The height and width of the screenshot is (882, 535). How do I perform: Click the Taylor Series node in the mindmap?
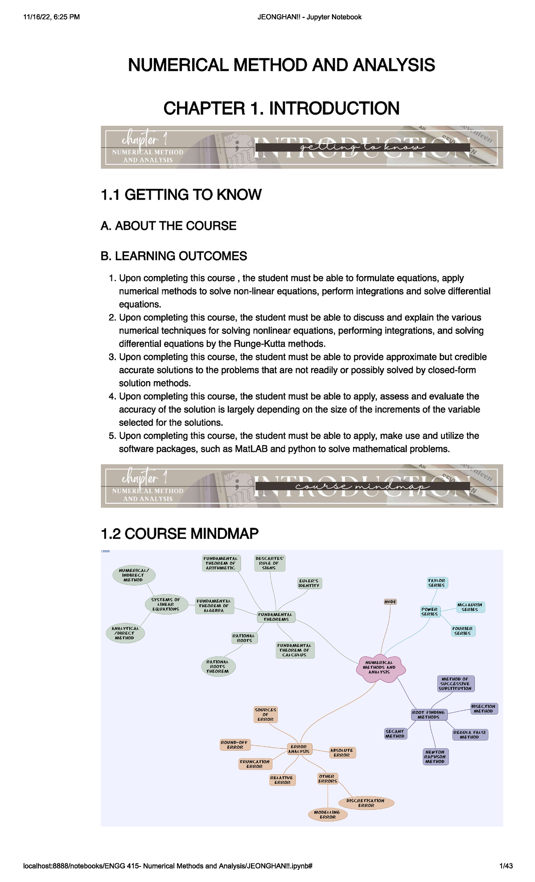pos(436,583)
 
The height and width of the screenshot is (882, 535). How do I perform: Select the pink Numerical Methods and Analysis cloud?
pos(380,667)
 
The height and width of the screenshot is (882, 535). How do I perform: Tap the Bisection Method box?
pos(484,709)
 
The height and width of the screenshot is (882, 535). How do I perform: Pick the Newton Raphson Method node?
pos(435,757)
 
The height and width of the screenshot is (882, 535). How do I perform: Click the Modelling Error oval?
pos(328,815)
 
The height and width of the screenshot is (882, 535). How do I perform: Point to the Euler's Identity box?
pos(309,583)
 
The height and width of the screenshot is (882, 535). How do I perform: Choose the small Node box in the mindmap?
pos(390,602)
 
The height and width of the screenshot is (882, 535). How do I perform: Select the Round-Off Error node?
pos(235,745)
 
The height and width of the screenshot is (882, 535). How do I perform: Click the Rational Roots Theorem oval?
pos(218,666)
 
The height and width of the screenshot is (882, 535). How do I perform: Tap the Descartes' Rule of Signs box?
pos(269,563)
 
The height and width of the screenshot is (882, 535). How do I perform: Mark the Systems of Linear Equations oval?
pos(166,604)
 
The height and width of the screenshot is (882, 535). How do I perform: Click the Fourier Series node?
pos(462,631)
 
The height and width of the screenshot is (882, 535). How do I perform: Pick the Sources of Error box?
pos(266,714)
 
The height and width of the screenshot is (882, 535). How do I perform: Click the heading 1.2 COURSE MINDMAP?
pos(180,533)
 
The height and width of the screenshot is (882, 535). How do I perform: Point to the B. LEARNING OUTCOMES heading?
pos(174,256)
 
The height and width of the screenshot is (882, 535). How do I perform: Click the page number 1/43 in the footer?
pos(506,866)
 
